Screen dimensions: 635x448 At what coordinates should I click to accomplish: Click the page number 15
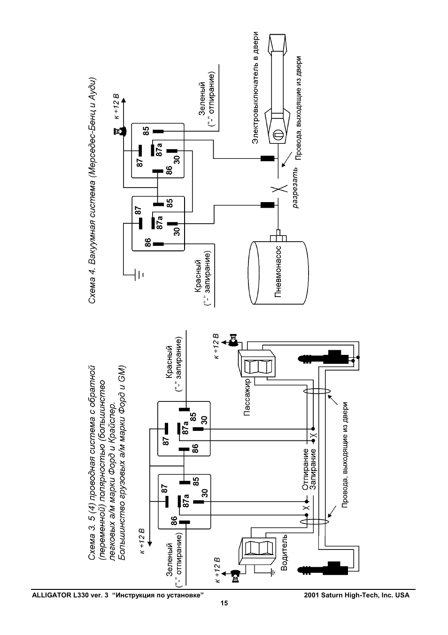click(x=224, y=604)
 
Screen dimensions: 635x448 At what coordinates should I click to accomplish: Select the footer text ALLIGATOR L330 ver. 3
click(x=70, y=595)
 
